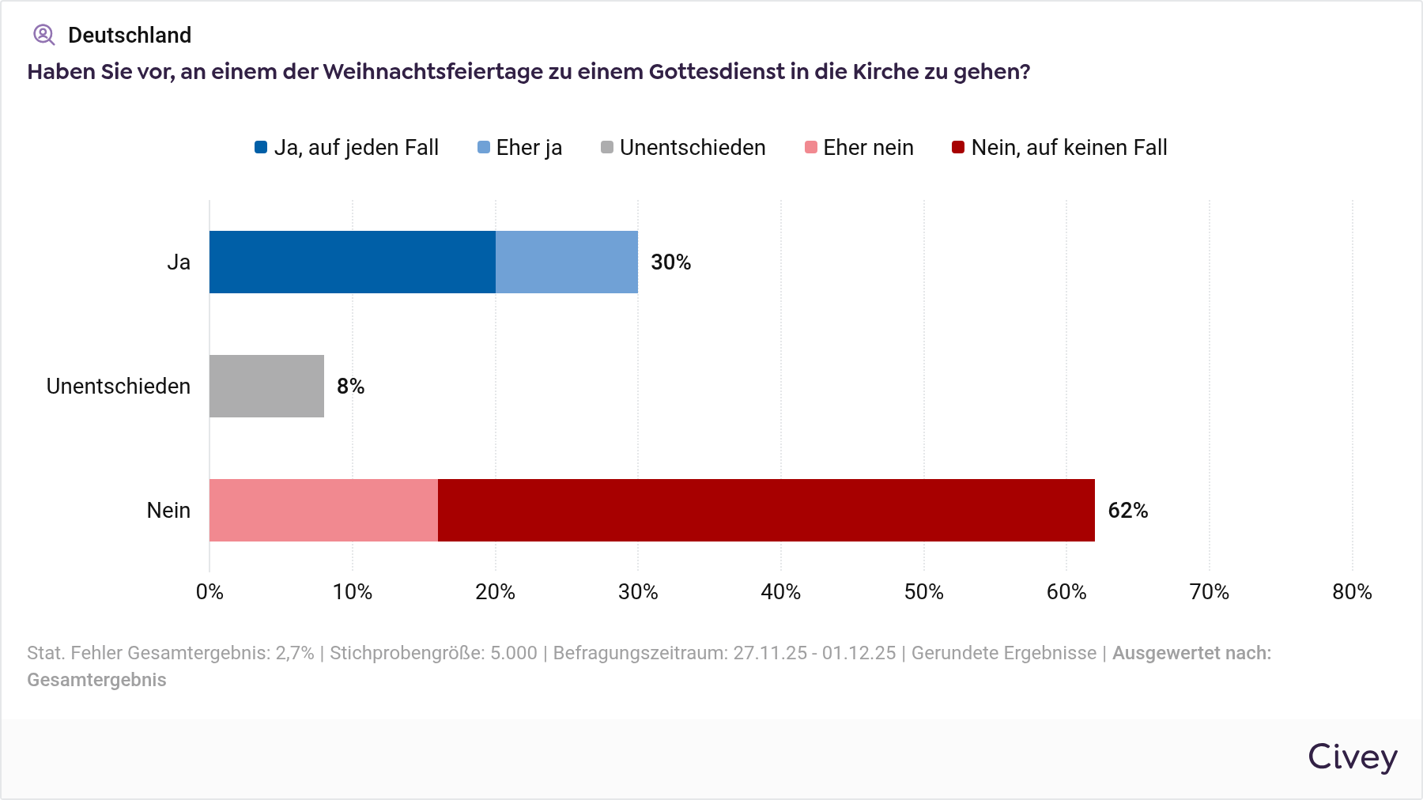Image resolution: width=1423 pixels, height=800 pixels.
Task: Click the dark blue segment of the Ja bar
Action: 353,262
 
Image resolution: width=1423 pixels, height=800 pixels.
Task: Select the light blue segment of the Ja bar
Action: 567,262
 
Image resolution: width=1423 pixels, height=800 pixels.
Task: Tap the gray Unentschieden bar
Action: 266,386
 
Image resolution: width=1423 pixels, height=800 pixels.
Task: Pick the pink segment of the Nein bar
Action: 323,510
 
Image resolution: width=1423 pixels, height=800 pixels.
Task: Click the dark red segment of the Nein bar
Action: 766,510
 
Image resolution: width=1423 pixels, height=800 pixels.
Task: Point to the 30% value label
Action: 670,262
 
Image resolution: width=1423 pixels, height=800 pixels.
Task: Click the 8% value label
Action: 350,387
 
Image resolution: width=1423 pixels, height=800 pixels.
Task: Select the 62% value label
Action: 1127,511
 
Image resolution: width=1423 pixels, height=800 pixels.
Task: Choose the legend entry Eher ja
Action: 520,148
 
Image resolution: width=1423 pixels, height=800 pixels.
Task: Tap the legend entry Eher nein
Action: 859,148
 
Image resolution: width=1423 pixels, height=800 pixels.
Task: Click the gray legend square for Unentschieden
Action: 607,148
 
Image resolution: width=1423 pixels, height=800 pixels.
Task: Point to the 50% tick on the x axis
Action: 923,592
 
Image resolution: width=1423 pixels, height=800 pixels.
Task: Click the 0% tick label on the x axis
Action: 209,592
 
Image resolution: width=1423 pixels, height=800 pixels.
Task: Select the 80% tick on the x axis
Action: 1352,592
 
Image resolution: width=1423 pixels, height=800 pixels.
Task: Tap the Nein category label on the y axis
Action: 168,511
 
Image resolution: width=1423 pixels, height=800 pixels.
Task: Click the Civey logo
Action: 1352,757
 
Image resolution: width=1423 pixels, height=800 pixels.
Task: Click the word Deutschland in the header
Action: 130,36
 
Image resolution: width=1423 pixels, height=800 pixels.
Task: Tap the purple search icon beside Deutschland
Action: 43,35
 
